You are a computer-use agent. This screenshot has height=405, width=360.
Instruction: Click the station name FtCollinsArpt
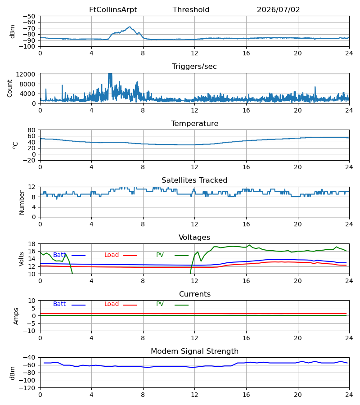(x=113, y=10)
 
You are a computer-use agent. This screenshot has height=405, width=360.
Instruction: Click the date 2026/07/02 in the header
(x=278, y=10)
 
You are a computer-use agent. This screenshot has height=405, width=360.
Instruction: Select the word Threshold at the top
(x=191, y=10)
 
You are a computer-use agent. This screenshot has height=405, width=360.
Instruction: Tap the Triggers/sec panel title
(x=194, y=67)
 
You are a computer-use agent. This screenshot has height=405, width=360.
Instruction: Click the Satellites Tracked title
(x=194, y=180)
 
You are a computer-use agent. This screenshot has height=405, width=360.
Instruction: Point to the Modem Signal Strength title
(x=194, y=351)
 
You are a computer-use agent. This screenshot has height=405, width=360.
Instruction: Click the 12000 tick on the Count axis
(x=25, y=74)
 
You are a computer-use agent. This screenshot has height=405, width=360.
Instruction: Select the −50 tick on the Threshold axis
(x=29, y=16)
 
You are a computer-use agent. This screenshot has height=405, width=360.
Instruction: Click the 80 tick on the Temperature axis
(x=31, y=130)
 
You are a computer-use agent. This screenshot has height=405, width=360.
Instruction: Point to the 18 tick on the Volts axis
(x=31, y=244)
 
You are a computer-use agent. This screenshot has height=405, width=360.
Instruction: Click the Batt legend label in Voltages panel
(x=59, y=255)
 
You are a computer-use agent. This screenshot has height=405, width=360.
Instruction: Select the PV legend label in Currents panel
(x=160, y=304)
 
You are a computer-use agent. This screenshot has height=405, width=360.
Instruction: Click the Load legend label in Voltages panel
(x=112, y=255)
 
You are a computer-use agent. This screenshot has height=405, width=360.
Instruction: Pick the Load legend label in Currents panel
(x=112, y=304)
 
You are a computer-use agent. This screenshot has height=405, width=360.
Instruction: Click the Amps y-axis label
(x=16, y=316)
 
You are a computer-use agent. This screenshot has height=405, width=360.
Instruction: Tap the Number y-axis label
(x=22, y=203)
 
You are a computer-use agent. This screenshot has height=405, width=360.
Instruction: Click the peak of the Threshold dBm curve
(x=130, y=27)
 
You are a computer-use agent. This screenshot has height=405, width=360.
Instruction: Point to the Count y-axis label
(x=10, y=88)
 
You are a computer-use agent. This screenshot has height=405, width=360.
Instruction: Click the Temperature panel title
(x=194, y=123)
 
